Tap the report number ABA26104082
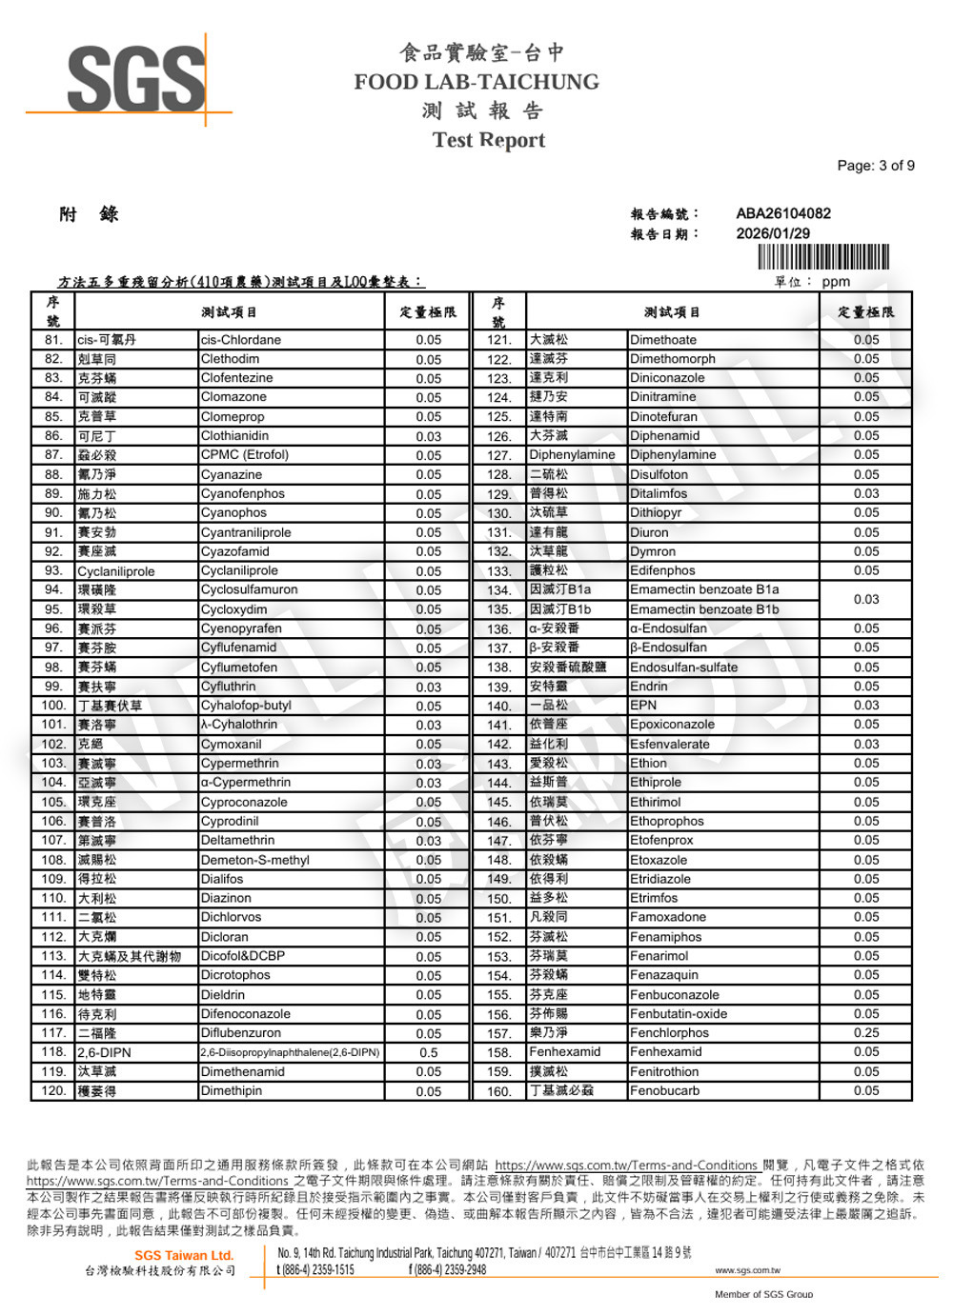click(782, 213)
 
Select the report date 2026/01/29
click(772, 233)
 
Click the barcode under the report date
click(823, 257)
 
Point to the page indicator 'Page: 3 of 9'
click(875, 166)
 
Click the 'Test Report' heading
click(488, 140)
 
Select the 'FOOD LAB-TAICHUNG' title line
click(476, 82)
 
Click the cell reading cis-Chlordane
click(241, 340)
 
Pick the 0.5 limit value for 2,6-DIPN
click(428, 1052)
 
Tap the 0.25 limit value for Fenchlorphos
click(866, 1032)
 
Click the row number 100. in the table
click(53, 706)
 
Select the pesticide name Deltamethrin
click(237, 840)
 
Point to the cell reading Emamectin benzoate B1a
click(703, 589)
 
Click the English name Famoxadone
click(667, 917)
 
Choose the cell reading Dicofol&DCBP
click(242, 955)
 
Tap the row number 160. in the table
click(499, 1091)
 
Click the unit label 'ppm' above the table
click(836, 282)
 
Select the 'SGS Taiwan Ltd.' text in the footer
click(183, 1255)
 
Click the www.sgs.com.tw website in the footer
click(747, 1270)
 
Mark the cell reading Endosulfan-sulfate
click(683, 667)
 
